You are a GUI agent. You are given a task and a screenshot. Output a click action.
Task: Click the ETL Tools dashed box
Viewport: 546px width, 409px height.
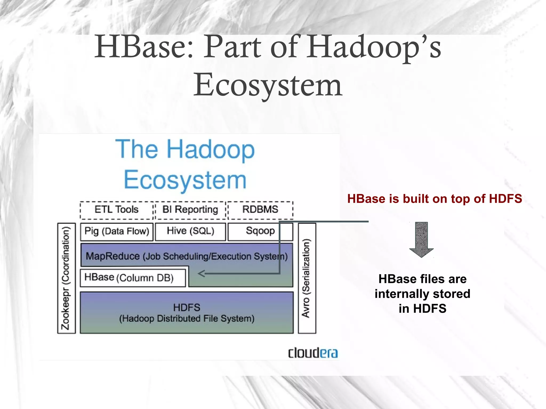(117, 210)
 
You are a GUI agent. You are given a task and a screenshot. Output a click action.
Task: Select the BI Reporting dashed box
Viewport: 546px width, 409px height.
(190, 210)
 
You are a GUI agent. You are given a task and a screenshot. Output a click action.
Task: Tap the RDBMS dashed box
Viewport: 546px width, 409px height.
(260, 210)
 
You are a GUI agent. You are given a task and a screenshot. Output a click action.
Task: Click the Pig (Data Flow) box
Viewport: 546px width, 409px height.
(117, 232)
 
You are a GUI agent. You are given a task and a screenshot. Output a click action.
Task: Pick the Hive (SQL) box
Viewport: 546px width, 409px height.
(190, 231)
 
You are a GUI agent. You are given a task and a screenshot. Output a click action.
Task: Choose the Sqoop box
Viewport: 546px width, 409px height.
(260, 231)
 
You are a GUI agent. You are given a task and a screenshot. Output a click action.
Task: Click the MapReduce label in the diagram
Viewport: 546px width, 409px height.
(113, 256)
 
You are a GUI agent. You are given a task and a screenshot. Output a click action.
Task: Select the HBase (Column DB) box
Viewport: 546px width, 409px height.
(133, 278)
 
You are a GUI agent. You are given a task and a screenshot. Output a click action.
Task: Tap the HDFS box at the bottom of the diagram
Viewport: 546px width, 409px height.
(187, 313)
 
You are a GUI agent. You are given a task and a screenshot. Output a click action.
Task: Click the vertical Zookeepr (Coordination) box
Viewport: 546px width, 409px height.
(66, 278)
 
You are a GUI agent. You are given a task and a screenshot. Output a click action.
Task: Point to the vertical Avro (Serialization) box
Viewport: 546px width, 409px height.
(307, 278)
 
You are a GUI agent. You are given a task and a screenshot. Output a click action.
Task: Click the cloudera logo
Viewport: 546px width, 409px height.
(313, 353)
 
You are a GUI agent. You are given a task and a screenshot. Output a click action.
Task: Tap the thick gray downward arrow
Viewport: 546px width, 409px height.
(421, 239)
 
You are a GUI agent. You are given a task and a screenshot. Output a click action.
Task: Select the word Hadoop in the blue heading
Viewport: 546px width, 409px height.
(210, 149)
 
